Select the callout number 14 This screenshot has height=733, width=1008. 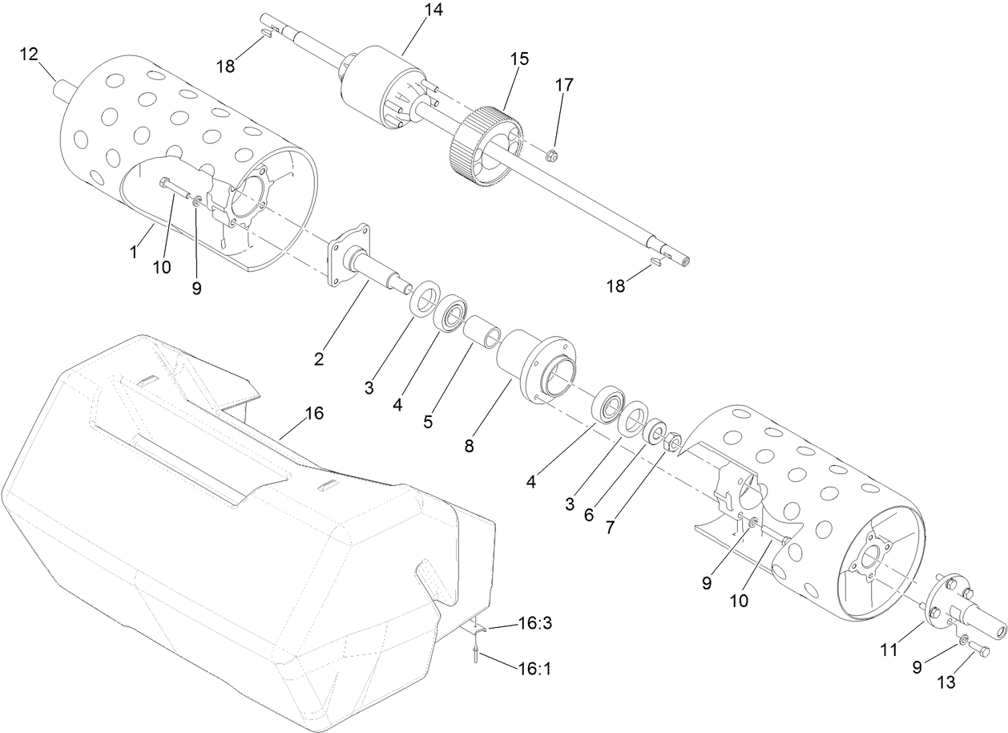(x=434, y=10)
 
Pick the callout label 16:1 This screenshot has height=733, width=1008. (x=534, y=667)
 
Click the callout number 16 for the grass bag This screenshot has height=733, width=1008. (x=314, y=413)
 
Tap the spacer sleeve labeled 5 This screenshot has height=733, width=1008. (x=484, y=329)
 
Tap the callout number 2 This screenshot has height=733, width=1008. (x=318, y=358)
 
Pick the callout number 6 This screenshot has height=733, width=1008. (x=589, y=515)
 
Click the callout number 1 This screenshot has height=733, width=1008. (x=135, y=251)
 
